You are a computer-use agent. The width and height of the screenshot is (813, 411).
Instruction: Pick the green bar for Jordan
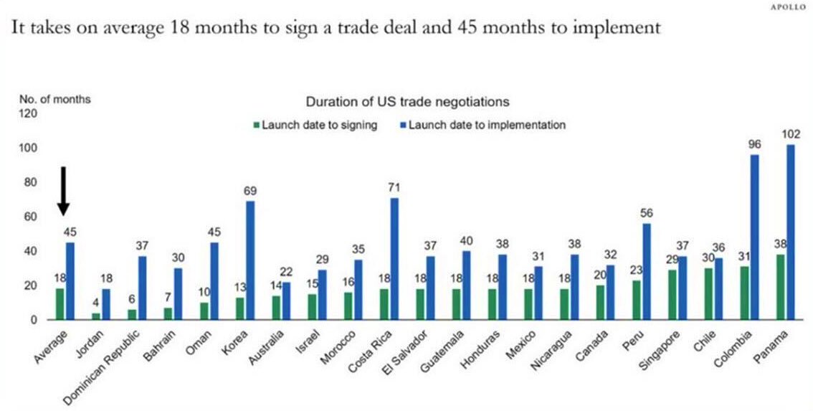coord(96,316)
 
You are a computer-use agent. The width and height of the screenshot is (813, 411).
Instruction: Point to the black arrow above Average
coord(63,190)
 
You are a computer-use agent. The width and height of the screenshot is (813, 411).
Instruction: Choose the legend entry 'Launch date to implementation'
coord(482,125)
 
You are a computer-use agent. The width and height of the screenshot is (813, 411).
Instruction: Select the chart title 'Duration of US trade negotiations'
coord(407,102)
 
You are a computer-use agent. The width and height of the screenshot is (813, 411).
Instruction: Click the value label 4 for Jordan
coord(96,302)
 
